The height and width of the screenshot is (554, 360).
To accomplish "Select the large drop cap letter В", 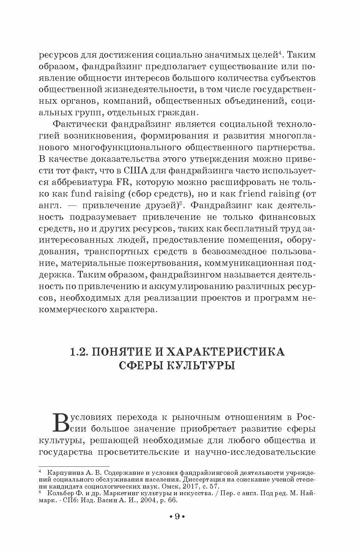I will pyautogui.click(x=63, y=422).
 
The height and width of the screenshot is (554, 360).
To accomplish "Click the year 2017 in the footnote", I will pyautogui.click(x=188, y=486).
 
